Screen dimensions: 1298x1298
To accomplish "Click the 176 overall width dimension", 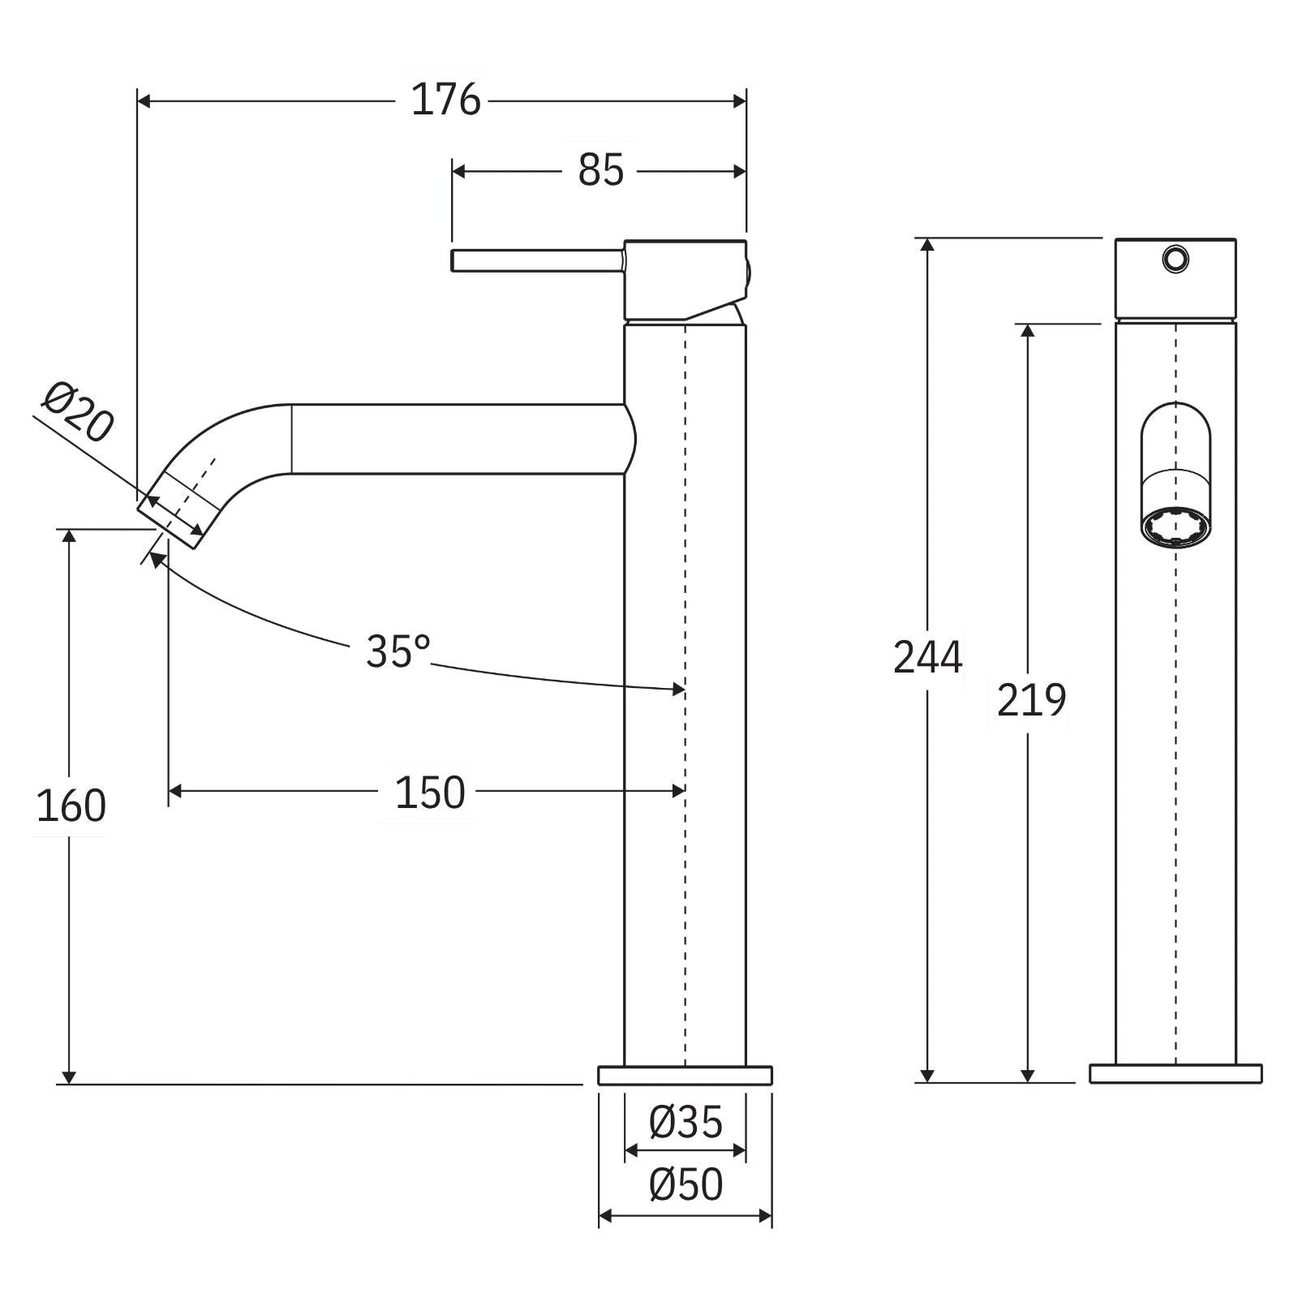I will point(445,101).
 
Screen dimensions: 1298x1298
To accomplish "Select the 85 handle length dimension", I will point(600,170).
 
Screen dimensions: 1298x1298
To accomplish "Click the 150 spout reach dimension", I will point(429,793).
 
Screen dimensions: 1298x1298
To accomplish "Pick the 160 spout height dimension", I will point(71,806).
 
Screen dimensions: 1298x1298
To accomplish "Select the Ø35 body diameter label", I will point(686,1123).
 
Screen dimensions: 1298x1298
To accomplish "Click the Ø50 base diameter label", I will point(686,1185).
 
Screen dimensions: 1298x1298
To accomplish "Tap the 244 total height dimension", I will point(927,657).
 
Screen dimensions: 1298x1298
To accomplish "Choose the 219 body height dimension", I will point(1030,700).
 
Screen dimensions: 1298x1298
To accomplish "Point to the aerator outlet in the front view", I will point(1175,527).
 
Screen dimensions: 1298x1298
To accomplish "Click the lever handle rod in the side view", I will point(535,261).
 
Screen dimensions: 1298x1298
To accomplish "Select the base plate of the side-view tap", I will point(685,1075).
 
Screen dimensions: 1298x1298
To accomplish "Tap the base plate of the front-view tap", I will point(1176,1073).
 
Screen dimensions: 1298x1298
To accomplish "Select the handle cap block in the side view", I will point(684,278).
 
